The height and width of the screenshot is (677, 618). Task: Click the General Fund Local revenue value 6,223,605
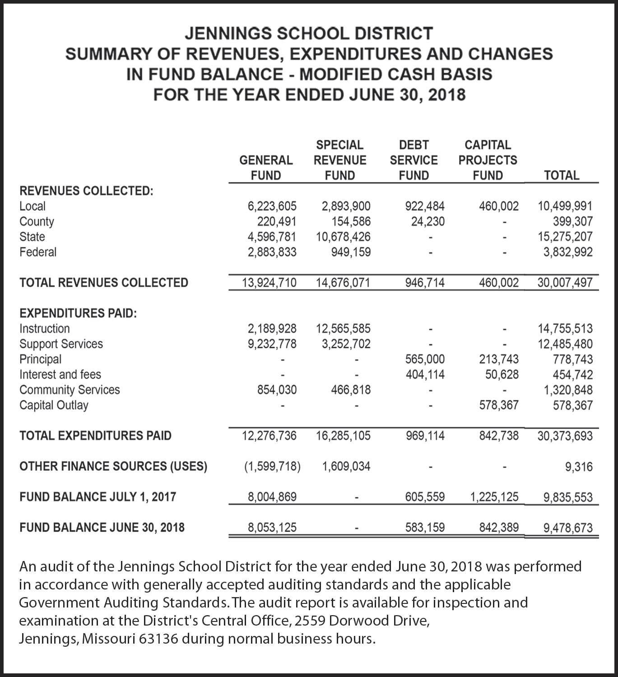(x=272, y=206)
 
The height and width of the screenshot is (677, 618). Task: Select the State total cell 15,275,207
(x=565, y=237)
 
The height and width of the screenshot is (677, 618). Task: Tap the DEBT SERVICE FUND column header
(x=414, y=160)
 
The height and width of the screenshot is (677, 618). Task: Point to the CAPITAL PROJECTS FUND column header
(x=488, y=160)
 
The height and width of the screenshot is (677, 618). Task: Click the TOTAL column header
(x=562, y=175)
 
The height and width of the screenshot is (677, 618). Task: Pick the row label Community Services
(x=70, y=390)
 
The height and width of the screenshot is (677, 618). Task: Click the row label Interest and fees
(x=60, y=375)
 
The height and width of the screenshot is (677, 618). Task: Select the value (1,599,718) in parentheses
(x=272, y=466)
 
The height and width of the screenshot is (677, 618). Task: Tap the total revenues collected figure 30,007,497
(x=565, y=283)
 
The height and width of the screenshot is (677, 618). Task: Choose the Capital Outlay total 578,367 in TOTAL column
(x=573, y=405)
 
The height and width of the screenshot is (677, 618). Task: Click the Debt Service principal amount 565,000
(x=425, y=359)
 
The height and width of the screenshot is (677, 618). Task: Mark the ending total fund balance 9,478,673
(x=568, y=528)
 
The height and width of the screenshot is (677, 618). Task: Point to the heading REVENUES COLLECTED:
(x=86, y=191)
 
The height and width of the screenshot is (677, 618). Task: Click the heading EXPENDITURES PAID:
(x=78, y=313)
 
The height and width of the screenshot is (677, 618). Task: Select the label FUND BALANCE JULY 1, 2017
(x=98, y=497)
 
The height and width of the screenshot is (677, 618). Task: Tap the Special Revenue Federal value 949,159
(x=350, y=252)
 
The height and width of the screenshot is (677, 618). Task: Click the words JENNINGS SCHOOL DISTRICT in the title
(x=309, y=34)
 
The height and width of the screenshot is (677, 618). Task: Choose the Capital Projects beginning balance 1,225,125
(x=494, y=497)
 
